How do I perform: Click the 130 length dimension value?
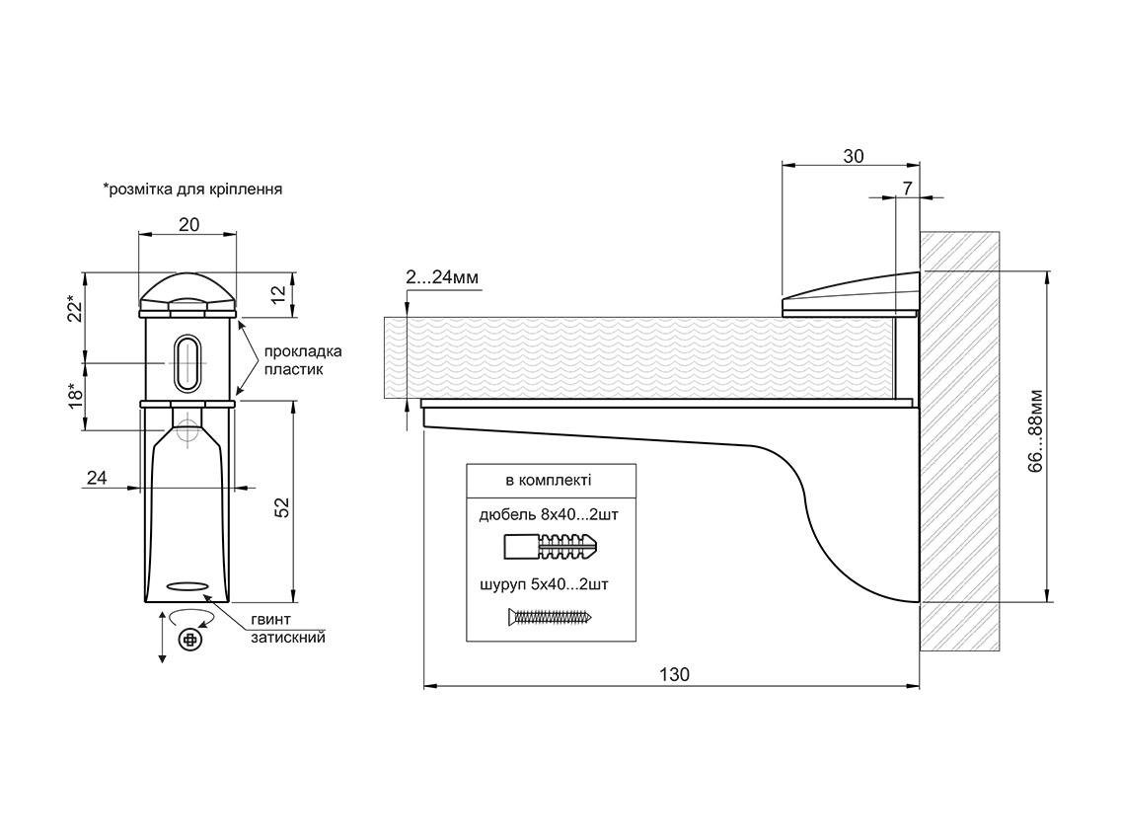point(674,675)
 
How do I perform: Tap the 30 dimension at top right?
point(854,155)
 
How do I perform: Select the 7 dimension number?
point(907,187)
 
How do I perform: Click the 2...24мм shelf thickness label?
point(442,278)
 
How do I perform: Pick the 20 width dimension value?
point(188,224)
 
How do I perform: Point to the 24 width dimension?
point(97,478)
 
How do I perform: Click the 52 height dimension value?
point(279,507)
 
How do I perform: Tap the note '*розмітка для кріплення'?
point(192,189)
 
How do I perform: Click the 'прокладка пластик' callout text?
point(303,359)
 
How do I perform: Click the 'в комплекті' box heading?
point(548,481)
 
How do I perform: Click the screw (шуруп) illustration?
point(551,618)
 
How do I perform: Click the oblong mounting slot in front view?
point(186,361)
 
